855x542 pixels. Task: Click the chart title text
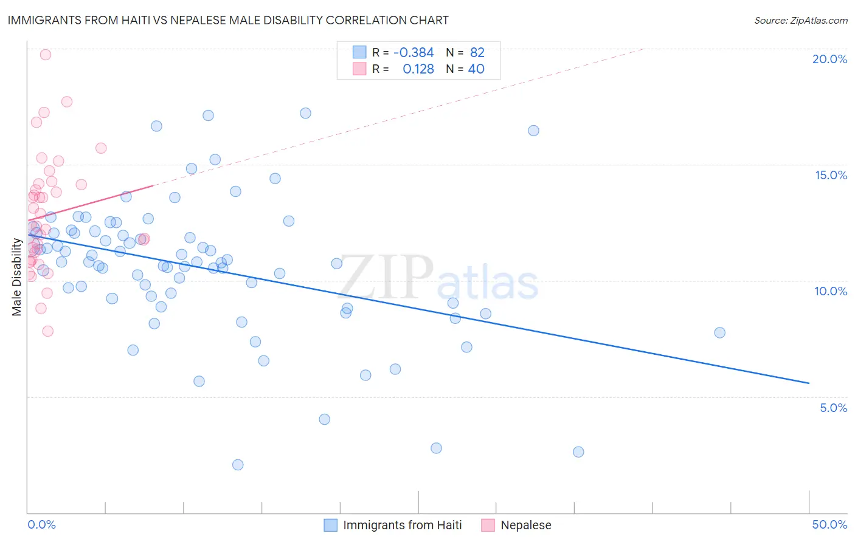click(x=228, y=20)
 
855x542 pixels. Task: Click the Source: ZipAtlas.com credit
click(x=800, y=21)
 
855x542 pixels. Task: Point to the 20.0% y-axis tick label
click(x=829, y=59)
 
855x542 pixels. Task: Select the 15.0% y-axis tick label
click(x=831, y=175)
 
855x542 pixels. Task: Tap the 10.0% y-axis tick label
click(x=831, y=291)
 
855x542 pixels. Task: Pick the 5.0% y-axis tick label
click(x=833, y=408)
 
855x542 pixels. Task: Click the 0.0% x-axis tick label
click(x=41, y=524)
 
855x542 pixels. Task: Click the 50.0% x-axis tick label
click(x=829, y=524)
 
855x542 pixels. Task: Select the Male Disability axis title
click(x=17, y=277)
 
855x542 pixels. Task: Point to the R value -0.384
click(x=414, y=53)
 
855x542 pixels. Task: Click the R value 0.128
click(x=418, y=69)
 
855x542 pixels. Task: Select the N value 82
click(x=477, y=53)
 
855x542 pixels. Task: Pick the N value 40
click(x=476, y=69)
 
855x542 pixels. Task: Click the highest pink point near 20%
click(x=45, y=55)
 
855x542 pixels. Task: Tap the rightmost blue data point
click(x=719, y=332)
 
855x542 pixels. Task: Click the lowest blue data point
click(x=238, y=465)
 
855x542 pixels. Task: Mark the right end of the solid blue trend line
click(x=809, y=383)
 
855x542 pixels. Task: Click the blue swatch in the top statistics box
click(x=359, y=52)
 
